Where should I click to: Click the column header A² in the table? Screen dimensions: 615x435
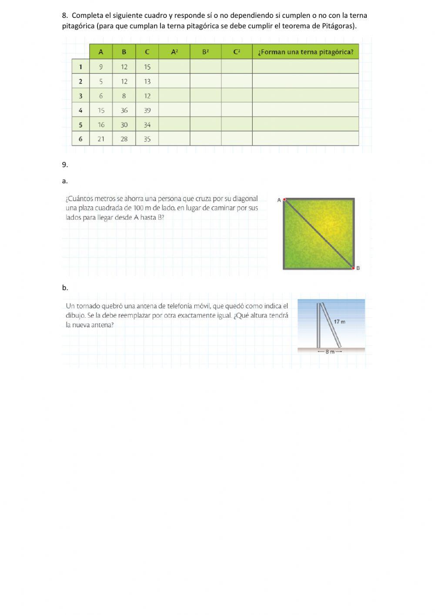pos(174,52)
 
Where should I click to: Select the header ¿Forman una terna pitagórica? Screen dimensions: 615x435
pos(305,52)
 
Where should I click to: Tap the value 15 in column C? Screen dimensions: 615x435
pos(147,67)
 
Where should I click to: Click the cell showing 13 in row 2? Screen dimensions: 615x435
pos(147,81)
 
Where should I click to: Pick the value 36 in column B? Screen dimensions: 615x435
pos(124,111)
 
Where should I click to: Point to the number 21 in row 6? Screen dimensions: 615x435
pos(101,139)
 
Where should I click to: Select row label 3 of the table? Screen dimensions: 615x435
pos(80,96)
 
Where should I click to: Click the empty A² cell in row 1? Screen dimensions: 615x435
pos(174,67)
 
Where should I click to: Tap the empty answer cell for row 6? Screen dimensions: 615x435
pos(305,139)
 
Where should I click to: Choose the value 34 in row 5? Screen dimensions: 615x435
pos(147,125)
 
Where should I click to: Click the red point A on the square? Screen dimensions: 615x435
pos(284,200)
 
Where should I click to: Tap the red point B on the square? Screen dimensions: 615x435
pos(353,268)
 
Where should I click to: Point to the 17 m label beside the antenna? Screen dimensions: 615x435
pos(339,322)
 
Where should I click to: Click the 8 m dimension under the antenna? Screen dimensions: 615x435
pos(330,352)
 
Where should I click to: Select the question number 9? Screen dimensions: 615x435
pos(65,165)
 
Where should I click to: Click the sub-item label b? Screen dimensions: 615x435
pos(65,288)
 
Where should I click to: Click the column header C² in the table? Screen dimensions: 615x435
pos(237,52)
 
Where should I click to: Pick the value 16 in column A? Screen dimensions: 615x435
pos(101,125)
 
